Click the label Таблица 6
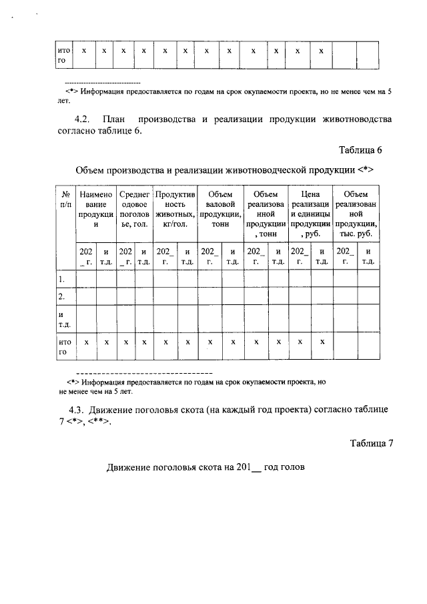click(x=361, y=149)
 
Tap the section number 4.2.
click(x=82, y=119)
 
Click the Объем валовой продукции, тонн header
click(x=220, y=209)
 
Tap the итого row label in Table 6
click(x=65, y=346)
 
